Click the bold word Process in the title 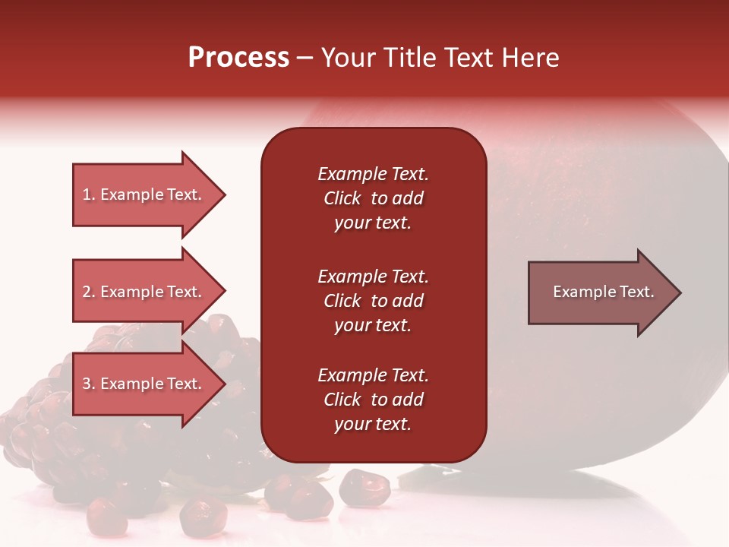238,58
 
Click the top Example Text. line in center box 373,174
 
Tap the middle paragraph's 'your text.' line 373,325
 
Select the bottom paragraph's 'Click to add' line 373,400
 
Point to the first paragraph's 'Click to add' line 373,198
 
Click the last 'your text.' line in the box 373,424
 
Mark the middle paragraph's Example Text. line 373,277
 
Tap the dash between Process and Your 305,58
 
